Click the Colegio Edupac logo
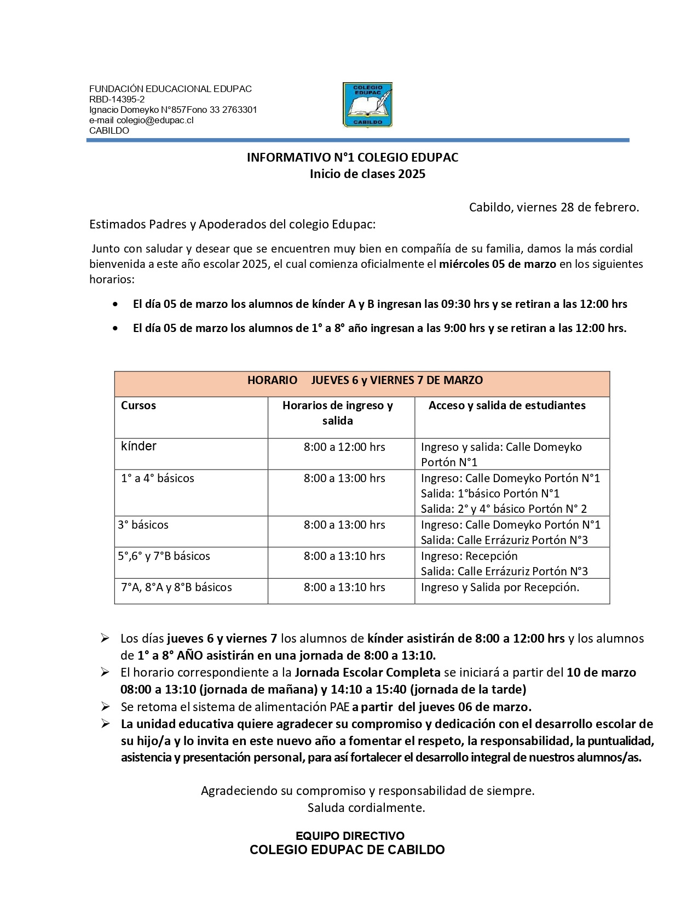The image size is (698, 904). pos(367,105)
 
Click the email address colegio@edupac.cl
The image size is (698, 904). pos(155,120)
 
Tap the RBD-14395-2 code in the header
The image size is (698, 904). pos(117,99)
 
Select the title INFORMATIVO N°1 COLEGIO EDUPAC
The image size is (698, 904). pos(352,157)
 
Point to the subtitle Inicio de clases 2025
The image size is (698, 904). pos(367,174)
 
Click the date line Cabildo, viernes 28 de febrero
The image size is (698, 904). pos(553,207)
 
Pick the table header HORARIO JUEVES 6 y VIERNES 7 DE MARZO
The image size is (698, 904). pos(365,380)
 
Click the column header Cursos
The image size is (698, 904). pos(139,405)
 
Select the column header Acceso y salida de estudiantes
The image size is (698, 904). pos(506,405)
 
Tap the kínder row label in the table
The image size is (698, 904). pos(139,447)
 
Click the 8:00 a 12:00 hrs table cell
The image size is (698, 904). pos(344,447)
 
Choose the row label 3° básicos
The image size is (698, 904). pos(143,525)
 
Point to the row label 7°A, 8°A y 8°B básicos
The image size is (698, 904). pos(176,587)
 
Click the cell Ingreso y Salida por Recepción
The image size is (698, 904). pos(500,587)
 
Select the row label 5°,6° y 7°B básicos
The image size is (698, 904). pos(164,556)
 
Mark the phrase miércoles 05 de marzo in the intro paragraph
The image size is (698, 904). pos(497,264)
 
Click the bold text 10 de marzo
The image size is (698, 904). pos(601,672)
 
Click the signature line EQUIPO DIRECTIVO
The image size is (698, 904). pos(350,836)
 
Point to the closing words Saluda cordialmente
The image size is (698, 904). pos(366,808)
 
